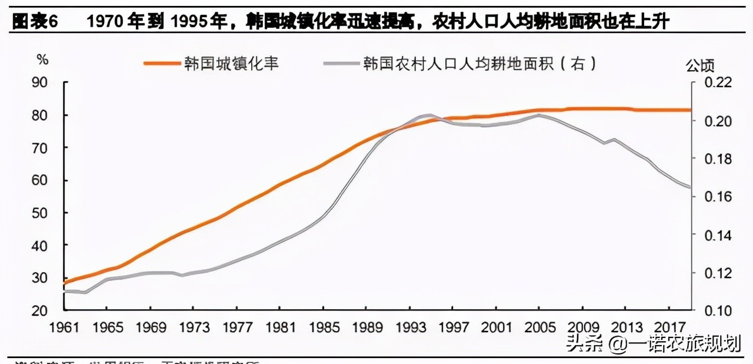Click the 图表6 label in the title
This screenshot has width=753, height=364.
35,23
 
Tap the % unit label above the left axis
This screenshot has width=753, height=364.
42,59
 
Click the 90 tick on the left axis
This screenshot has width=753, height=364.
39,82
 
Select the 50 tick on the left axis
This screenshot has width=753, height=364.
39,213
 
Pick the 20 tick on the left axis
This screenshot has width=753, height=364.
39,310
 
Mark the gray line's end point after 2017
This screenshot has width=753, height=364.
690,187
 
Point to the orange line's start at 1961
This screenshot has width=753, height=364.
63,283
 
